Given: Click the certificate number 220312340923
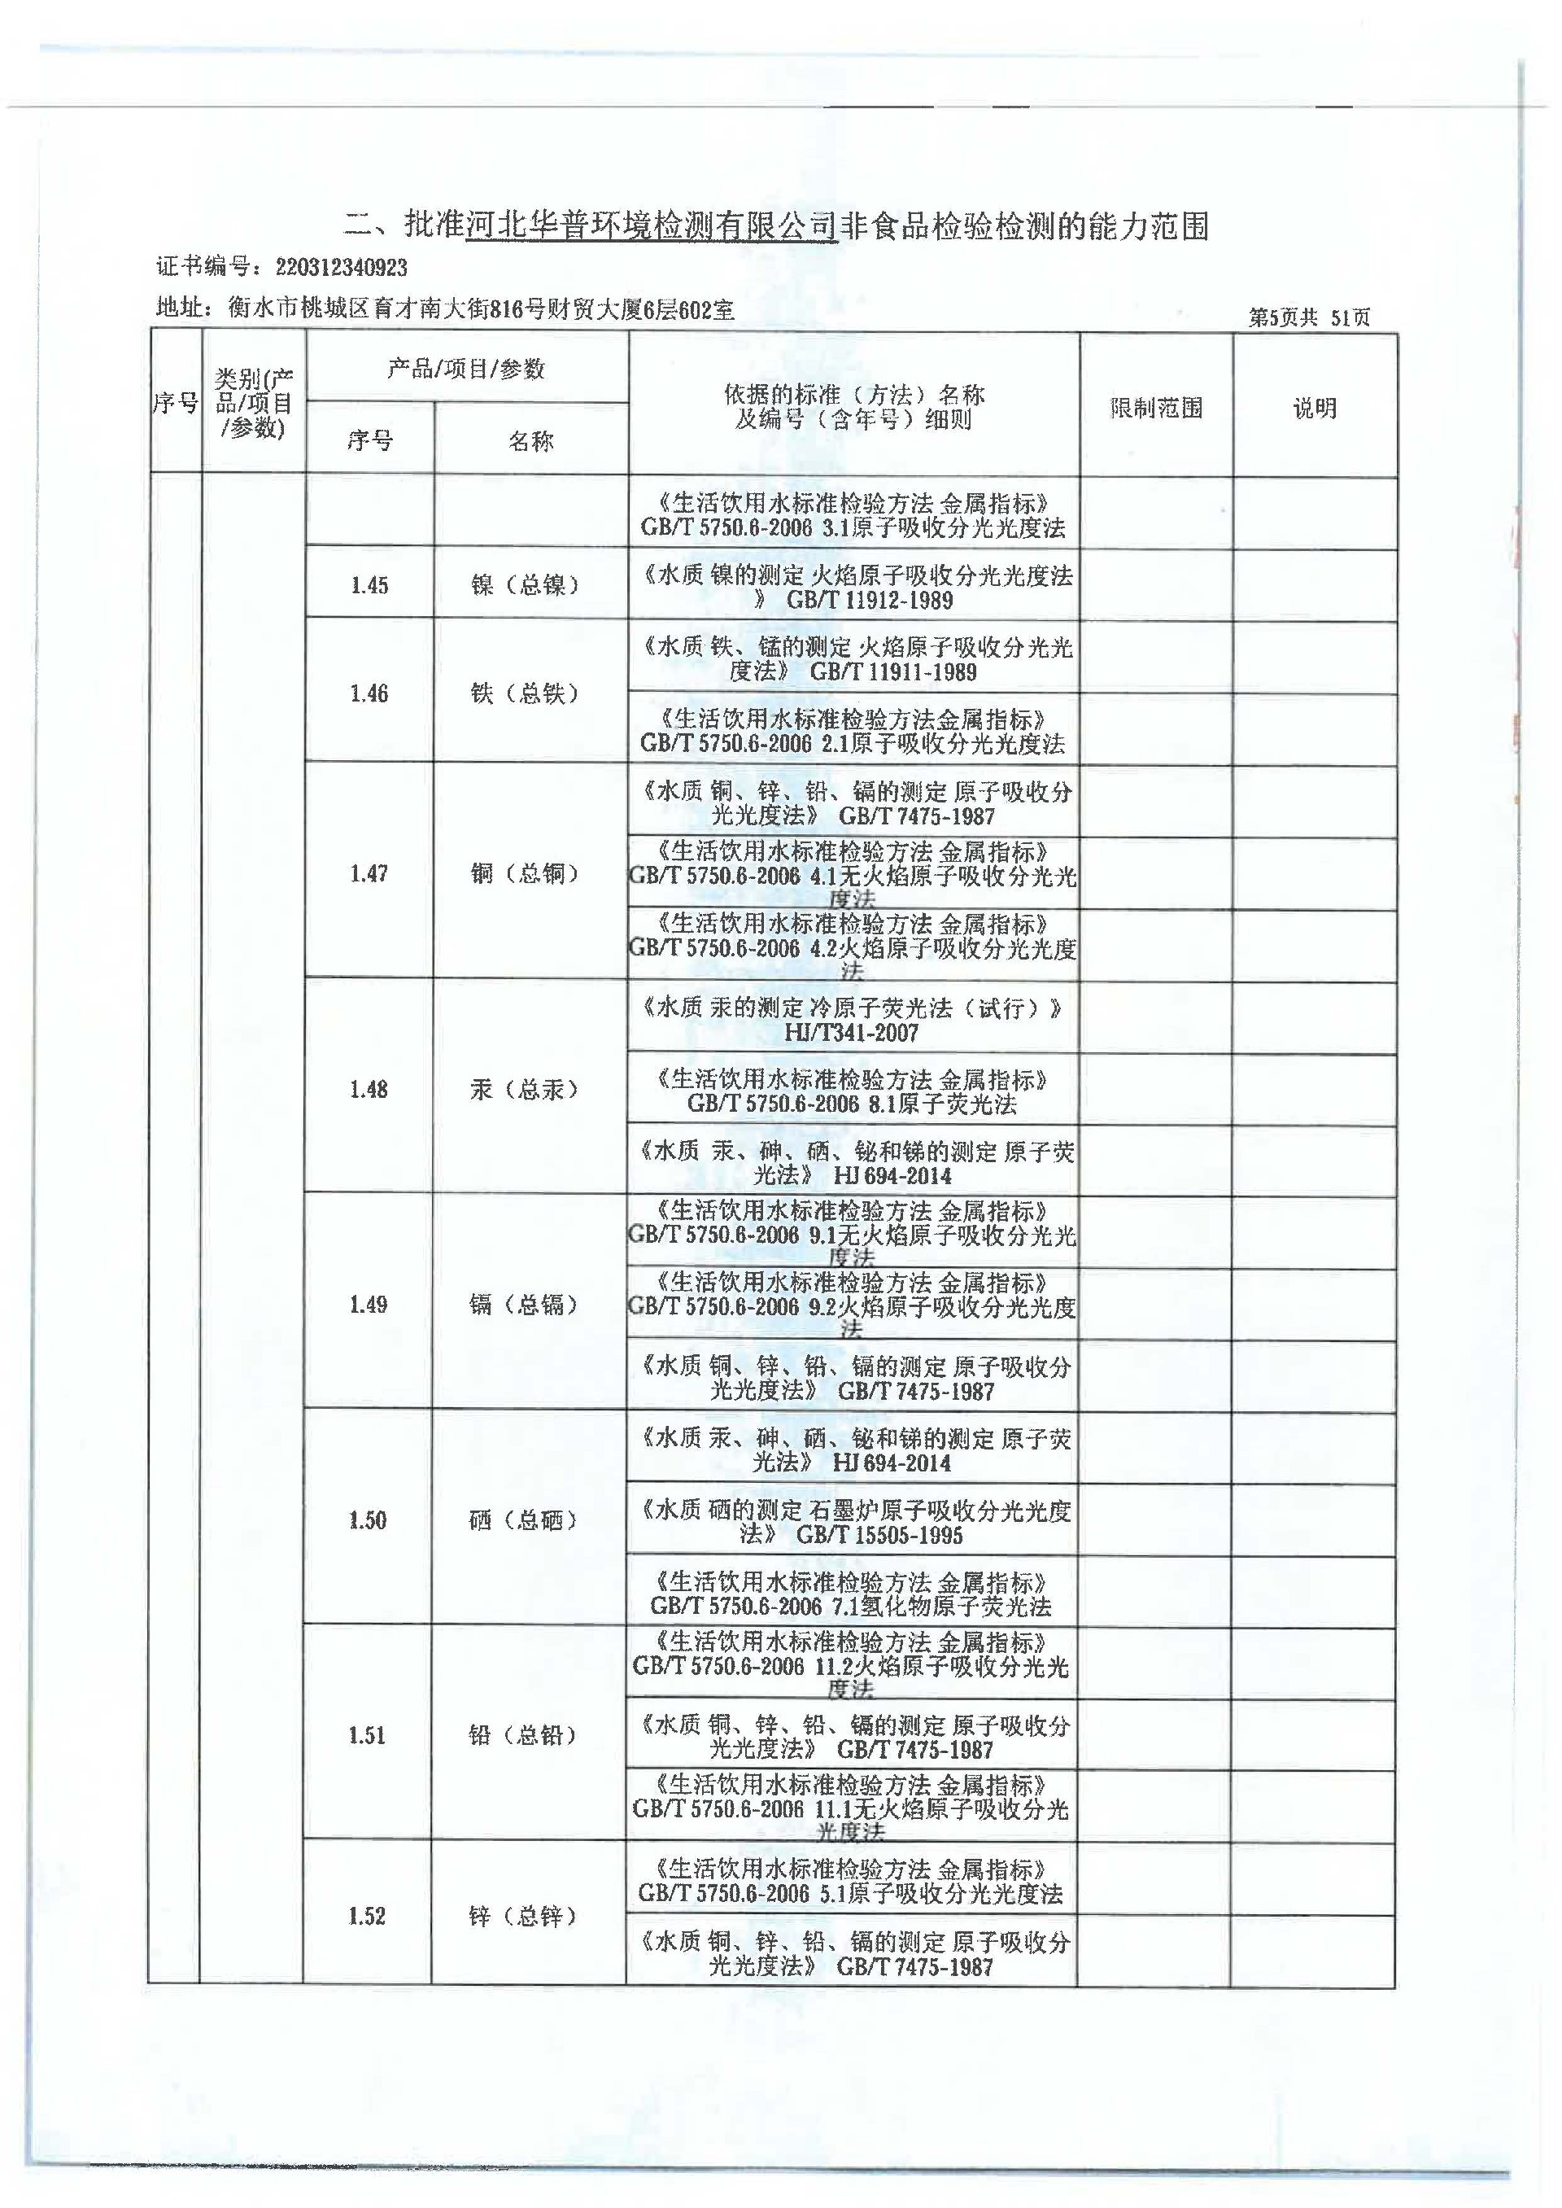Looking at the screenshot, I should click(x=341, y=268).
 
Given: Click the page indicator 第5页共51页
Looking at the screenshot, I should click(x=1309, y=317).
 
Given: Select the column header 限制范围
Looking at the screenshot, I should click(x=1156, y=408).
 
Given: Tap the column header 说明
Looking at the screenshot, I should click(x=1314, y=408).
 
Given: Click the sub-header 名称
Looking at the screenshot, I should click(x=531, y=442).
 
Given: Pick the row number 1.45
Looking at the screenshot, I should click(x=369, y=585).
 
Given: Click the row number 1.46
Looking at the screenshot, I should click(x=369, y=693).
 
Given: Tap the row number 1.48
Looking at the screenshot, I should click(x=369, y=1089).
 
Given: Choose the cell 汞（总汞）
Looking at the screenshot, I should click(x=524, y=1089).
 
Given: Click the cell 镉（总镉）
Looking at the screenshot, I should click(x=524, y=1305).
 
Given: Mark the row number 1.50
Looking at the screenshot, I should click(x=368, y=1520).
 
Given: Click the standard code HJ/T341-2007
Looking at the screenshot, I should click(x=851, y=1034).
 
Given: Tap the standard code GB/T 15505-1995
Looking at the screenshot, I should click(x=879, y=1536).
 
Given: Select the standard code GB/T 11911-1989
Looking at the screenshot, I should click(x=893, y=672).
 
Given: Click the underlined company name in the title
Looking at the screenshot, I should click(x=651, y=227).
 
